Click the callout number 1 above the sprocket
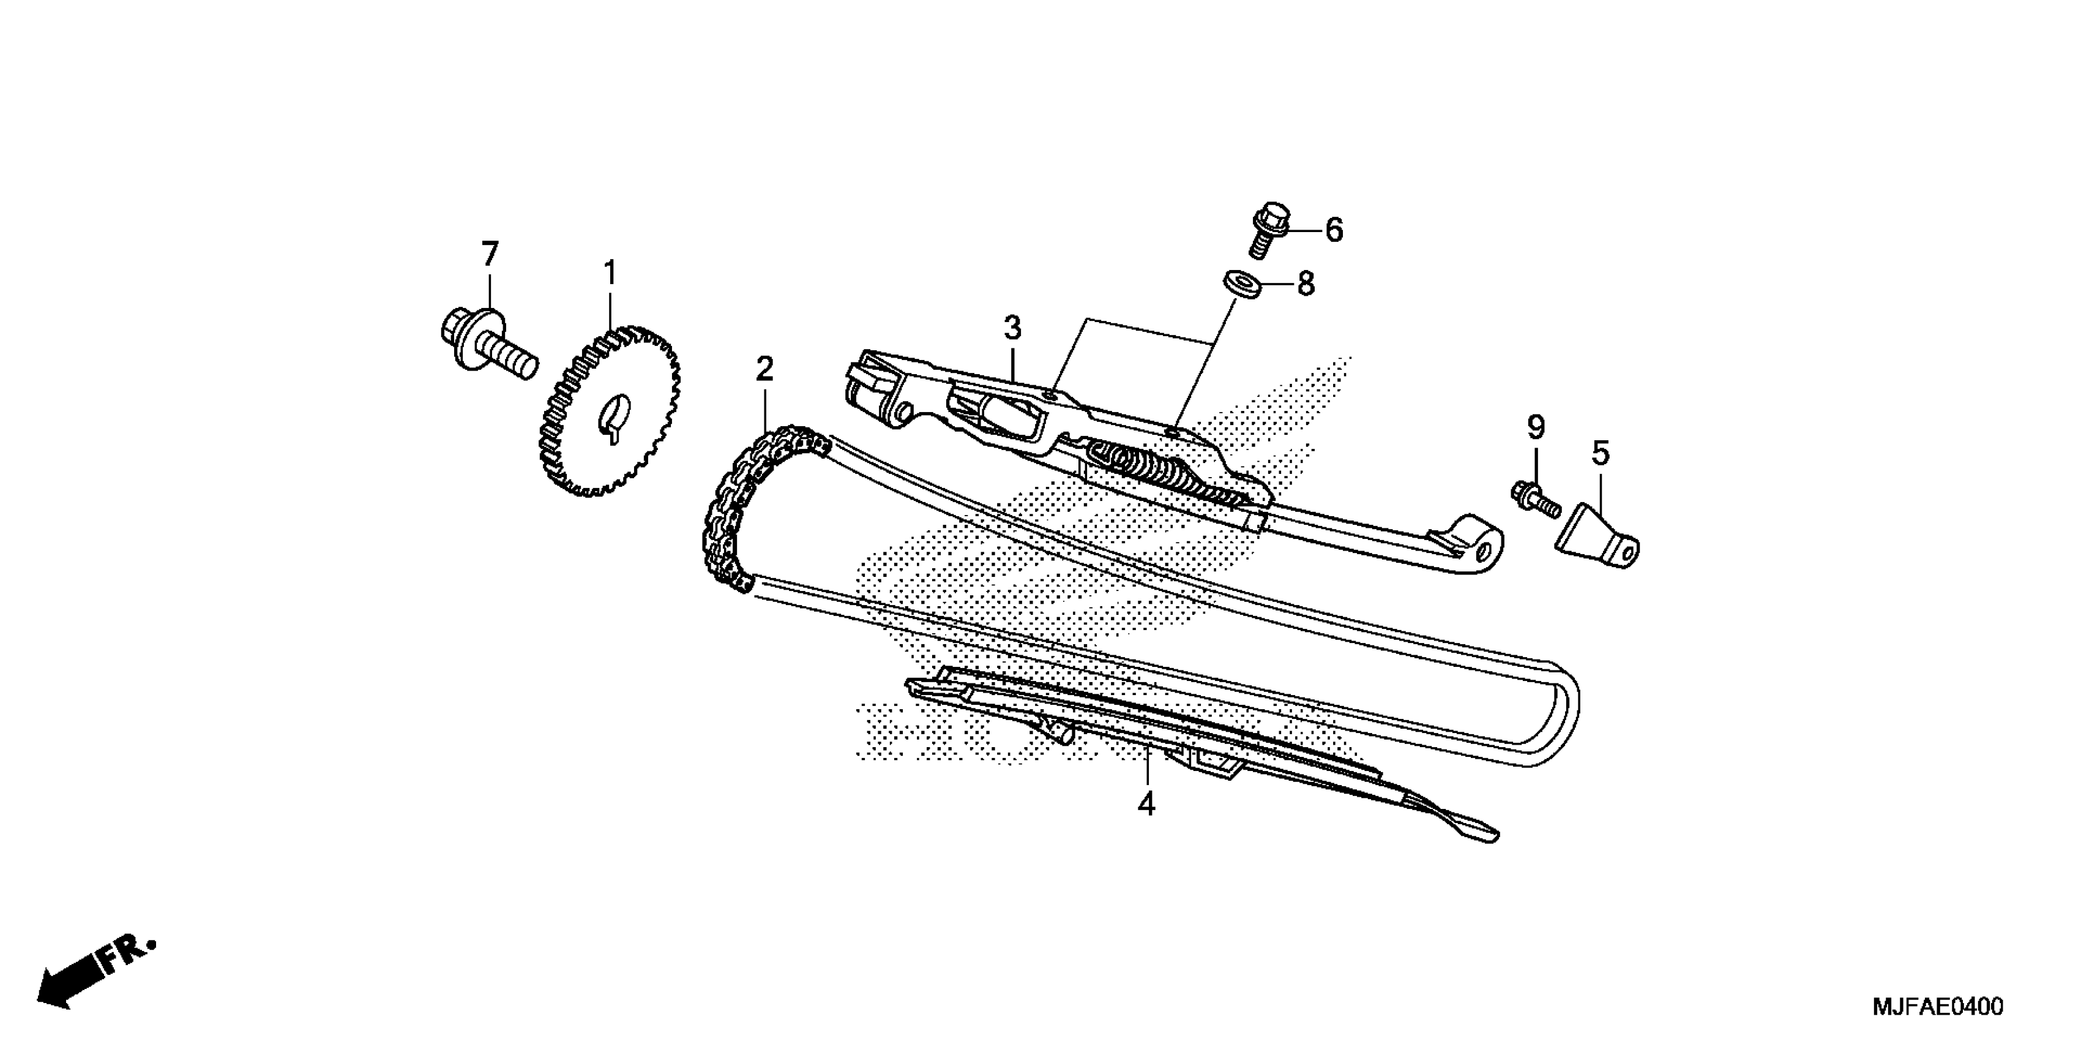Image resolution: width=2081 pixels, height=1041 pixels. (x=610, y=273)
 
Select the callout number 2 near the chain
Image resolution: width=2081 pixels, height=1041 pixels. (x=764, y=369)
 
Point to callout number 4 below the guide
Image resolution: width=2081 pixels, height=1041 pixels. (x=1146, y=804)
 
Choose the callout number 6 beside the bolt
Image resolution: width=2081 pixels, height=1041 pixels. (x=1334, y=230)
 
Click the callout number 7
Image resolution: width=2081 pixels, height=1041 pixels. (x=490, y=254)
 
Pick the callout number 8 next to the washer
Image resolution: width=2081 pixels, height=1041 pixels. (x=1306, y=284)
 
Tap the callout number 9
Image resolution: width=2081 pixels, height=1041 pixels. (x=1535, y=426)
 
